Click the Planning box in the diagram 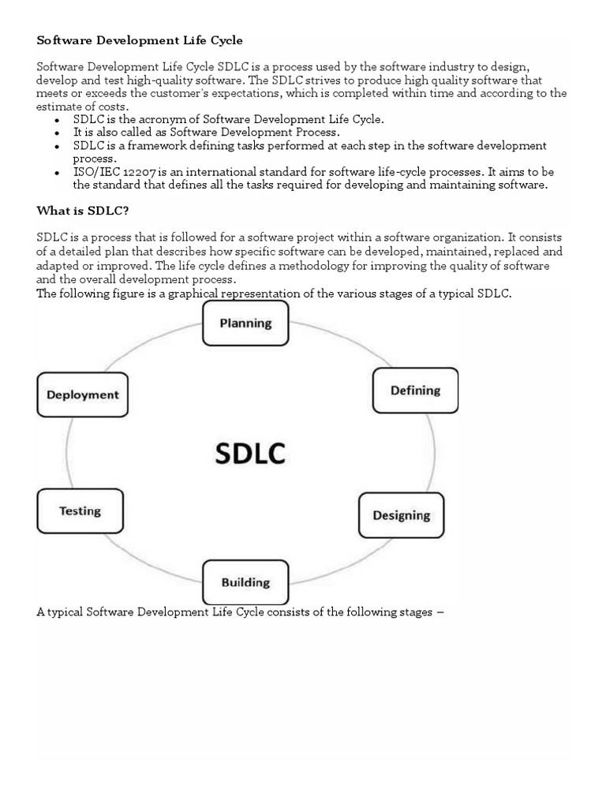(245, 323)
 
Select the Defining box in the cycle (415, 391)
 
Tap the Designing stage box (401, 515)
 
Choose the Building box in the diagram (245, 583)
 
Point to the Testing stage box (80, 511)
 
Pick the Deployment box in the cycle (82, 395)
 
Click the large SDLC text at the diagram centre (250, 453)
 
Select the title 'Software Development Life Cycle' (140, 39)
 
